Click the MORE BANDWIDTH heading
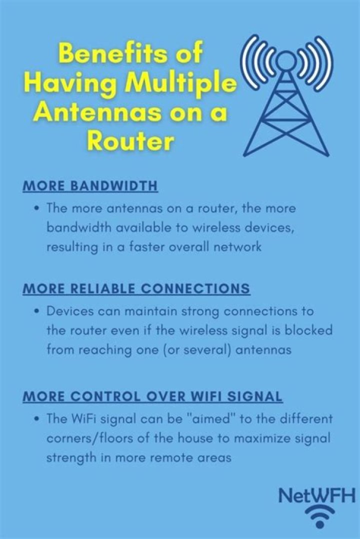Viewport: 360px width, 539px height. tap(90, 185)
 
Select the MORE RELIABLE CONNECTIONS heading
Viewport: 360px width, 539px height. tap(136, 289)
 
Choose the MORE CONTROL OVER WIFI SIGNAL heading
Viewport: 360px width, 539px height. tap(152, 396)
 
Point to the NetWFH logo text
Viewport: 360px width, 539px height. tap(316, 495)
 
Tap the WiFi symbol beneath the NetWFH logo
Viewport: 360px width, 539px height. tap(320, 516)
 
